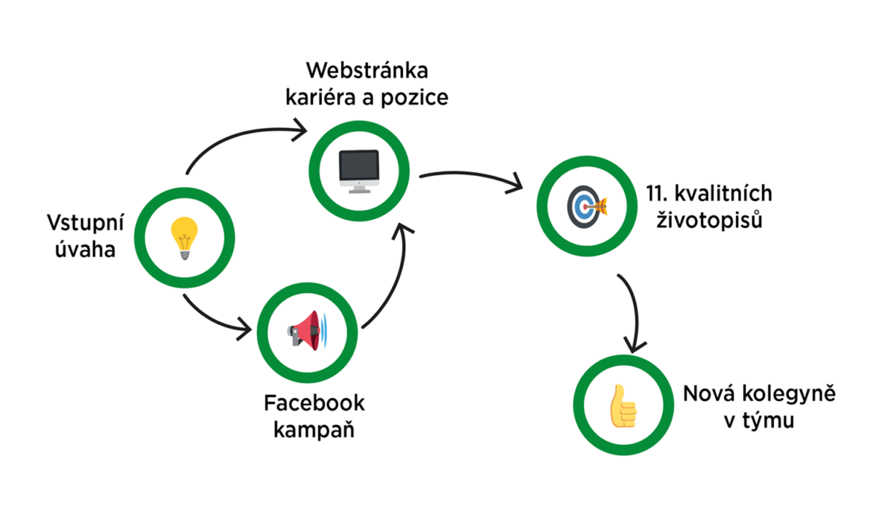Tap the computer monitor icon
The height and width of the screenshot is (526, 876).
tap(359, 171)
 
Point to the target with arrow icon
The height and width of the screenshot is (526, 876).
tap(588, 207)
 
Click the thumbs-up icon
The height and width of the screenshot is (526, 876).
tap(623, 405)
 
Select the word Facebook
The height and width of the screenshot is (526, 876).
tap(315, 403)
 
